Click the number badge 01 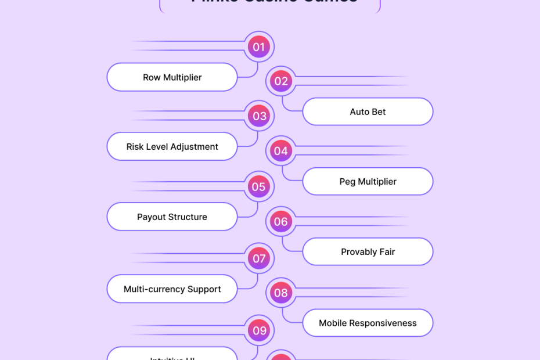click(x=259, y=47)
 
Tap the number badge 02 click(x=281, y=81)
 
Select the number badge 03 click(x=259, y=116)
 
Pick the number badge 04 click(x=281, y=151)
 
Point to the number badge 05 click(x=259, y=186)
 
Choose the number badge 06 click(x=281, y=221)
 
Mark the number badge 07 click(x=259, y=258)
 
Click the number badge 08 click(x=281, y=293)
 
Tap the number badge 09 click(x=259, y=330)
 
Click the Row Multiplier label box click(x=172, y=77)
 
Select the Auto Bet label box click(x=368, y=111)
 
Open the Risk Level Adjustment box click(x=172, y=147)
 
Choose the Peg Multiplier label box click(x=368, y=182)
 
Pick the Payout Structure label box click(x=172, y=217)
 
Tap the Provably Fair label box click(x=368, y=252)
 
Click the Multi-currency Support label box click(x=172, y=289)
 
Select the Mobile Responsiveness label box click(x=368, y=323)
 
